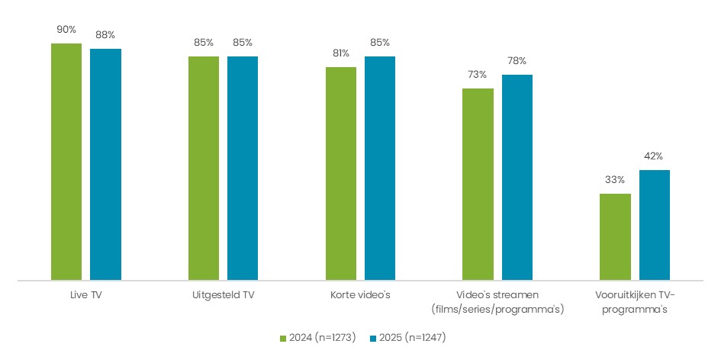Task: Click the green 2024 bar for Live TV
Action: [x=66, y=162]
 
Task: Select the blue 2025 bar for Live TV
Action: [x=105, y=165]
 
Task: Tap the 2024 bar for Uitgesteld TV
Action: [x=204, y=169]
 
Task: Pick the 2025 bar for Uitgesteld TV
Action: [x=243, y=169]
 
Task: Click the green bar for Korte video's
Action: [x=341, y=174]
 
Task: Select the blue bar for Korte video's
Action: [x=380, y=169]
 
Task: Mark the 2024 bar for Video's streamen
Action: [x=478, y=185]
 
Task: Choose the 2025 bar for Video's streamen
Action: [x=517, y=178]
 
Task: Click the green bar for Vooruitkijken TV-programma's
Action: [x=615, y=237]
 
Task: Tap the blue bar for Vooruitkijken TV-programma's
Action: [x=655, y=225]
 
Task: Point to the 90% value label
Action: [x=66, y=30]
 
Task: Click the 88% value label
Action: [x=105, y=35]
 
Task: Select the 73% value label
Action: [x=478, y=75]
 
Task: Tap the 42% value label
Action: [x=655, y=156]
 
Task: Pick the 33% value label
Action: [x=615, y=180]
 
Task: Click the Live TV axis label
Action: [x=85, y=295]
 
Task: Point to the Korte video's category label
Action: [x=360, y=295]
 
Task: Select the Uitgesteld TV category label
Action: [x=223, y=295]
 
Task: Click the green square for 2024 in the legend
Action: [x=284, y=337]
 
